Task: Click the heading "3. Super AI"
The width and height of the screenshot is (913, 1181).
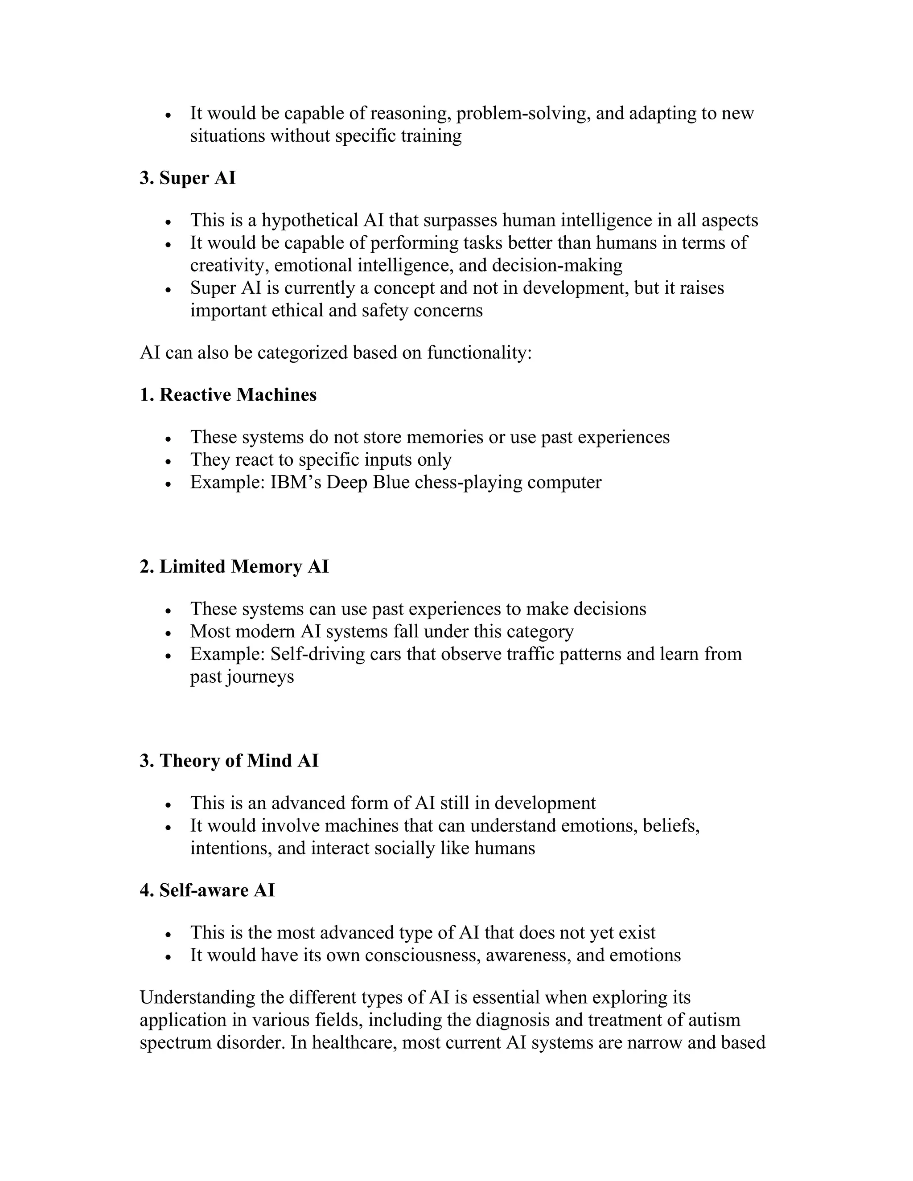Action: [187, 178]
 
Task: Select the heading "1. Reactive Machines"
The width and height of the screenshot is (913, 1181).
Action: [228, 395]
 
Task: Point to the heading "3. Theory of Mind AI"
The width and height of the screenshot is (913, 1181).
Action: [229, 760]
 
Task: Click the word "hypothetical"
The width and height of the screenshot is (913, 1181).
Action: [310, 221]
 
